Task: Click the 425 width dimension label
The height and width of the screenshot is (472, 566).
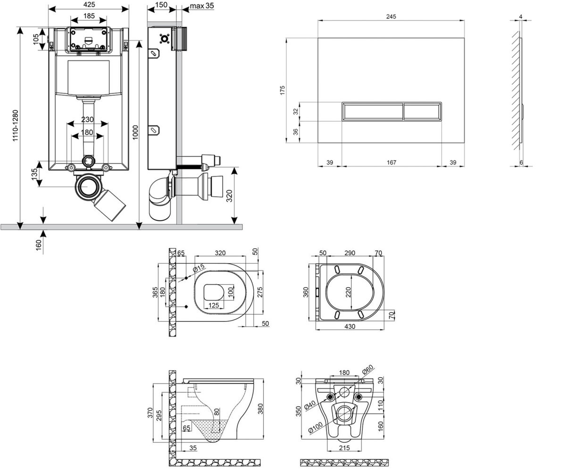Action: pyautogui.click(x=89, y=5)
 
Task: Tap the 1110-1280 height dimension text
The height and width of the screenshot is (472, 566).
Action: pyautogui.click(x=16, y=126)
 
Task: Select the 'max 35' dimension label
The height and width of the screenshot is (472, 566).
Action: pyautogui.click(x=202, y=6)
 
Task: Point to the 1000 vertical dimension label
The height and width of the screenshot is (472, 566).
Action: pyautogui.click(x=135, y=132)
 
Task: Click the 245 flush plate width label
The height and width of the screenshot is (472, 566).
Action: pyautogui.click(x=391, y=17)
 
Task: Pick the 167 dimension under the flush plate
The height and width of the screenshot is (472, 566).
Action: pyautogui.click(x=391, y=162)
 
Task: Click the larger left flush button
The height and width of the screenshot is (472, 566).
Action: pyautogui.click(x=373, y=111)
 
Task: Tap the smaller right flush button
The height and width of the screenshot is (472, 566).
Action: pyautogui.click(x=422, y=111)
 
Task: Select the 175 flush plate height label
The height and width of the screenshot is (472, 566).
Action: pyautogui.click(x=283, y=90)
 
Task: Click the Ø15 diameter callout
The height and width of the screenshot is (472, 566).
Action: pyautogui.click(x=199, y=268)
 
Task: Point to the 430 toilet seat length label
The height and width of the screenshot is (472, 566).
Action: pyautogui.click(x=350, y=326)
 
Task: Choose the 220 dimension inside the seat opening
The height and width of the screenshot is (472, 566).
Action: pyautogui.click(x=349, y=292)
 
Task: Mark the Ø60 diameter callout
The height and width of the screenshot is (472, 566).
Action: pyautogui.click(x=367, y=370)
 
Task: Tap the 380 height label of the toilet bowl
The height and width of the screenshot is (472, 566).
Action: pyautogui.click(x=260, y=409)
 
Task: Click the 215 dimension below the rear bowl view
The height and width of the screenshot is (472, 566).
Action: pyautogui.click(x=344, y=447)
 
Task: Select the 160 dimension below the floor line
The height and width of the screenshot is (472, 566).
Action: pyautogui.click(x=39, y=244)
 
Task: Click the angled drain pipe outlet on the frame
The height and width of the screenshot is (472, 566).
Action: pyautogui.click(x=110, y=205)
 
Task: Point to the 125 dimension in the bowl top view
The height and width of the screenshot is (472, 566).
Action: pyautogui.click(x=214, y=305)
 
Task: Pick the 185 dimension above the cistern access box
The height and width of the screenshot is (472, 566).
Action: pyautogui.click(x=89, y=16)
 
